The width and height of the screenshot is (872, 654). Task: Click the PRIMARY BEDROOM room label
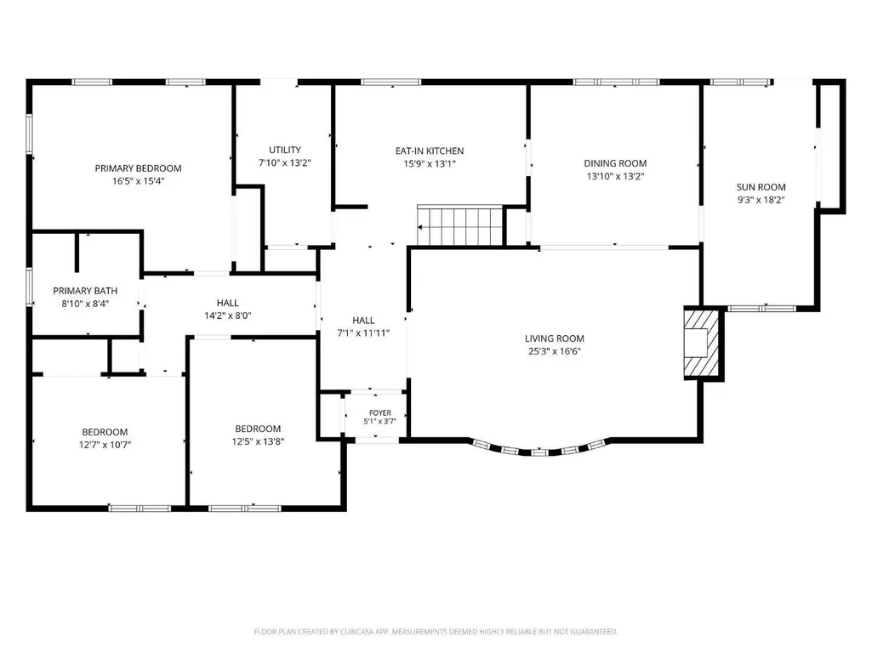138,168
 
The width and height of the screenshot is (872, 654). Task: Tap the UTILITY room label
285,150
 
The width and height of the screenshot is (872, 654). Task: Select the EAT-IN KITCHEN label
430,151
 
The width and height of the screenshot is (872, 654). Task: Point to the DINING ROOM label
615,163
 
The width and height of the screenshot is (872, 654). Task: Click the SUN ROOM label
761,187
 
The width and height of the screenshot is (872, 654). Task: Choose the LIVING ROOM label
555,338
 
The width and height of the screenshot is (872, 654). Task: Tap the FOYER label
380,412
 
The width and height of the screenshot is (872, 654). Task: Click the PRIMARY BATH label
85,290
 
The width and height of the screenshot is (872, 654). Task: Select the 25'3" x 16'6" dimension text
555,351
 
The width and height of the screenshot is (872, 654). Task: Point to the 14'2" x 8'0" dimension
228,316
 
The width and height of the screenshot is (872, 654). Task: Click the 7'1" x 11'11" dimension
364,333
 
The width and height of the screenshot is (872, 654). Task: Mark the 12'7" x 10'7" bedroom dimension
105,444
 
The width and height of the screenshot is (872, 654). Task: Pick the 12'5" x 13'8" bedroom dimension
258,441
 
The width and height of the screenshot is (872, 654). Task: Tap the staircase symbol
460,225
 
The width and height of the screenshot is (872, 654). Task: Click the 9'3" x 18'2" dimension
761,200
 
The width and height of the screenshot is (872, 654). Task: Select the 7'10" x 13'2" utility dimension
285,163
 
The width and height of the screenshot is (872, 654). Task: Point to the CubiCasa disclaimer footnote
436,632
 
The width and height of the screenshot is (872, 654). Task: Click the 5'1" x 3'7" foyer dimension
380,421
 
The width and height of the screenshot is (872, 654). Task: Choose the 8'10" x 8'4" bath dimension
85,304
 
